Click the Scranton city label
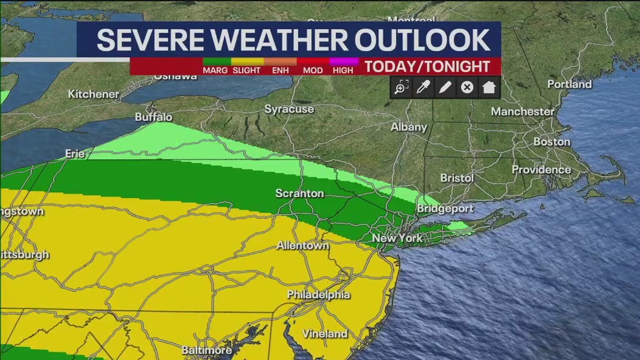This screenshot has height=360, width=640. click(x=299, y=193)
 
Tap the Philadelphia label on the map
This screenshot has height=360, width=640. click(x=318, y=295)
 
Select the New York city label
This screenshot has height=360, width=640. click(x=397, y=238)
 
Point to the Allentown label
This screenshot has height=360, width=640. click(x=302, y=246)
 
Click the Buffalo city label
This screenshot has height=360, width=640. click(x=153, y=117)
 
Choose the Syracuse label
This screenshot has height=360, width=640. click(x=289, y=109)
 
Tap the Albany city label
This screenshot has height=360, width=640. click(x=409, y=127)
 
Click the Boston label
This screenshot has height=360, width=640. click(x=551, y=142)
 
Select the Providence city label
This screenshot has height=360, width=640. click(x=541, y=170)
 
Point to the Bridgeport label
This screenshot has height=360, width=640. click(x=445, y=209)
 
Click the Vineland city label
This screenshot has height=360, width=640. click(x=325, y=334)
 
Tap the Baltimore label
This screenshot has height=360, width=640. click(x=206, y=350)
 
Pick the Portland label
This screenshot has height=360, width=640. click(x=569, y=84)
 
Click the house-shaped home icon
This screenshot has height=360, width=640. click(x=489, y=88)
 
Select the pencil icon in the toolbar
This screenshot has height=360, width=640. click(x=445, y=88)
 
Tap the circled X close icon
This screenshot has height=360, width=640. click(x=467, y=88)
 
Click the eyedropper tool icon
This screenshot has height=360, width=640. click(x=423, y=88)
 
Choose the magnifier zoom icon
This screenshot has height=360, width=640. click(x=401, y=88)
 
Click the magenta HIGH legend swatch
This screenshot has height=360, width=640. click(x=343, y=61)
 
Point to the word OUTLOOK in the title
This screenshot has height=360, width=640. click(x=423, y=40)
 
